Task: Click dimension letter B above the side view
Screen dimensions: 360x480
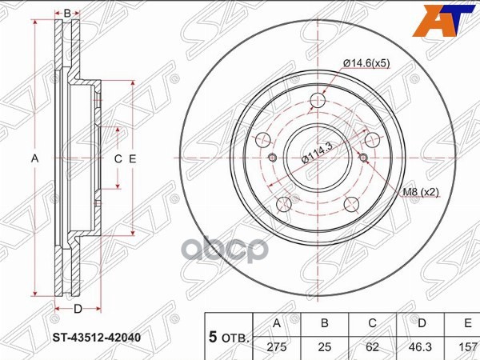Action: (x=68, y=13)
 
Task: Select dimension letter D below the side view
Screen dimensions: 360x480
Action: (x=78, y=308)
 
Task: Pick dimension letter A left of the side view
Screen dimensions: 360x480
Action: (x=35, y=158)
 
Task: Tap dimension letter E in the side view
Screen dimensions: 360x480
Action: (x=133, y=158)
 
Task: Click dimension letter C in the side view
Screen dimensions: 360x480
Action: (x=118, y=158)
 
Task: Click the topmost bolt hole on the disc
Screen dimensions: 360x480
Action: (x=318, y=100)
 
